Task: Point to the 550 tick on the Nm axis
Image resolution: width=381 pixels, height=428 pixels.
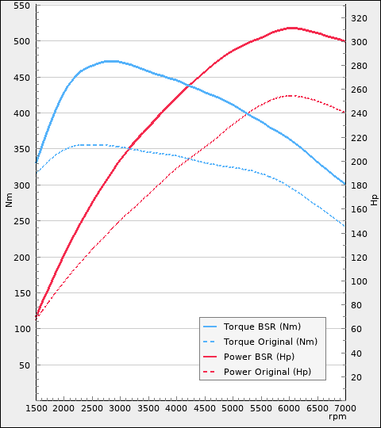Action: tap(21, 6)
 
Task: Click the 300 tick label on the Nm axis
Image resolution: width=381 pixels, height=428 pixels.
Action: tap(21, 185)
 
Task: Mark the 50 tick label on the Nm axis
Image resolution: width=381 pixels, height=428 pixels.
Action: tap(24, 365)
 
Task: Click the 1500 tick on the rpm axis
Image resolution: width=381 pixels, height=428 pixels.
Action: tap(36, 407)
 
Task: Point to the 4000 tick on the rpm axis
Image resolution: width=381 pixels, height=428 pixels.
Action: tap(176, 407)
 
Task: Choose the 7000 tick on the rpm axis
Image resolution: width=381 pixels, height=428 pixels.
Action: tap(344, 407)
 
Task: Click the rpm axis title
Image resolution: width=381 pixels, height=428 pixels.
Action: tap(337, 417)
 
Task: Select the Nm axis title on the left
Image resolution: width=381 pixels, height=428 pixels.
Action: tap(9, 200)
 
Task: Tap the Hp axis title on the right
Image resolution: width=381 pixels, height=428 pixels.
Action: tap(374, 200)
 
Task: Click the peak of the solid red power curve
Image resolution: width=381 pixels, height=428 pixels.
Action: tap(291, 28)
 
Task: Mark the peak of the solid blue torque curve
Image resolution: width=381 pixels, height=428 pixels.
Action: tap(110, 61)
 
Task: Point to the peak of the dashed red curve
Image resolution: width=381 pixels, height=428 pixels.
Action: tap(291, 96)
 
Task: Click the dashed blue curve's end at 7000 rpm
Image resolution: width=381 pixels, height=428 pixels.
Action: tap(344, 227)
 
